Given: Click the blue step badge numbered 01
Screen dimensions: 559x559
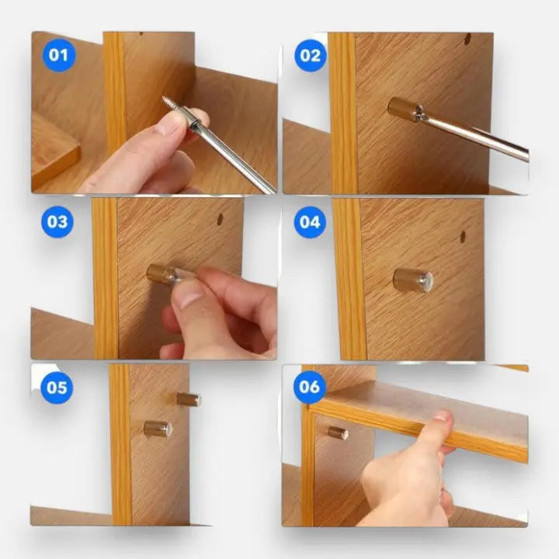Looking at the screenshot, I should [x=58, y=55].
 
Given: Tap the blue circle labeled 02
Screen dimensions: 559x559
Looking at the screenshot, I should [x=310, y=55].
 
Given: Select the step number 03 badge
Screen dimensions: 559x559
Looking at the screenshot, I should [x=58, y=221].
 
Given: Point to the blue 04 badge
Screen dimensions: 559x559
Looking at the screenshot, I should [x=310, y=221].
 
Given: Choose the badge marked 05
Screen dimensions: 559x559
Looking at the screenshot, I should [x=58, y=387].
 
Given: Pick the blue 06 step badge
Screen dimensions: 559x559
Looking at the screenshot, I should [x=310, y=387].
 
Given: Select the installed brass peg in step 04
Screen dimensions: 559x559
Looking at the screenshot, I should [x=411, y=279].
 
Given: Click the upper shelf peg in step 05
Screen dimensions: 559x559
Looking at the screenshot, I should [x=188, y=399].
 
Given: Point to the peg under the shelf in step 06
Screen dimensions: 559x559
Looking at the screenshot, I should [x=337, y=432].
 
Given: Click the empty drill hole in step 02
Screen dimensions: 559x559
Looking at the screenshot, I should [x=467, y=38].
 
